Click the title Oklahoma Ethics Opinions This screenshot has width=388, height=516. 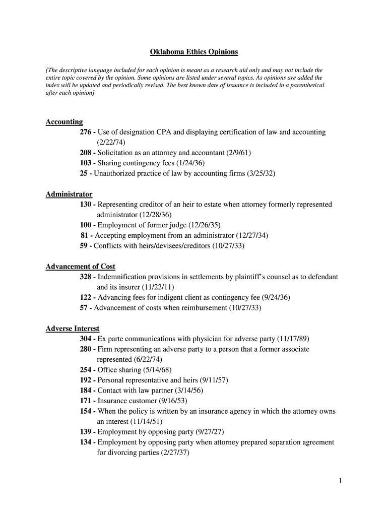click(194, 52)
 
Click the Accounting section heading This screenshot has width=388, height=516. click(64, 122)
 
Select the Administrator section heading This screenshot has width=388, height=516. click(69, 194)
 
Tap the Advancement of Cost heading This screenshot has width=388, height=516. click(81, 267)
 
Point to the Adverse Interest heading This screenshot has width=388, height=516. click(73, 329)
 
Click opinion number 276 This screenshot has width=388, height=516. click(85, 132)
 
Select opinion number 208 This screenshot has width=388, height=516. click(85, 153)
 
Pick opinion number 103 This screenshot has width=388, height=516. click(85, 163)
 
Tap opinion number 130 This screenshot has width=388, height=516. click(85, 205)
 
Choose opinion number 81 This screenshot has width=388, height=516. click(85, 235)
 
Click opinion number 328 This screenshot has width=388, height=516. click(85, 277)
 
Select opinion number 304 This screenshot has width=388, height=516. click(85, 339)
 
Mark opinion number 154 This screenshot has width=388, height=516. click(85, 411)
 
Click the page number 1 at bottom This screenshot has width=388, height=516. click(341, 481)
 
